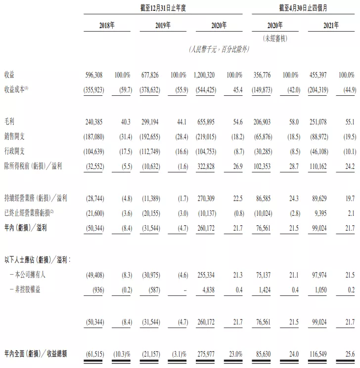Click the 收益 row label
click(x=9, y=75)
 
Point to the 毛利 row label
click(x=9, y=121)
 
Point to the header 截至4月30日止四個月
click(x=304, y=8)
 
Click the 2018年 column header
click(x=107, y=25)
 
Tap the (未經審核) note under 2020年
click(x=275, y=38)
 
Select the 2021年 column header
click(x=332, y=25)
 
